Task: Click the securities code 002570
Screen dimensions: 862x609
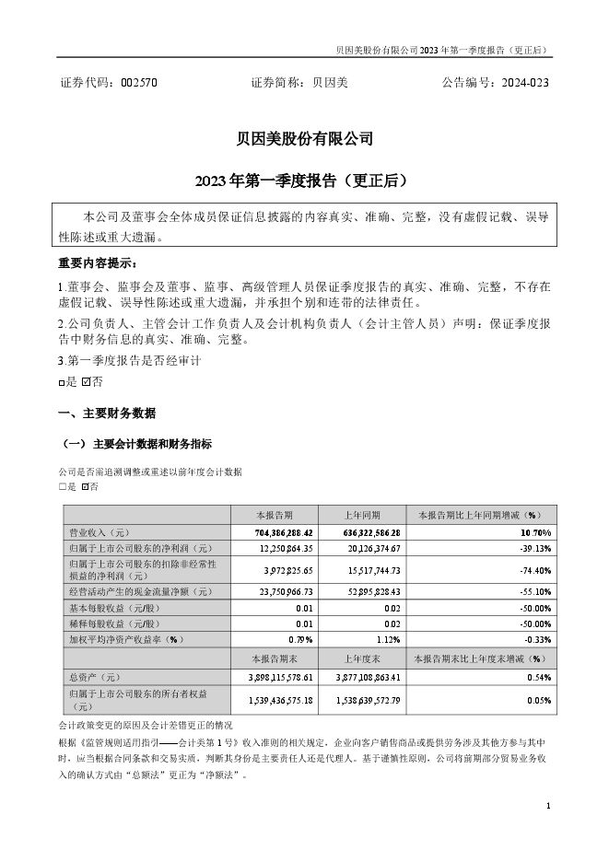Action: [x=139, y=82]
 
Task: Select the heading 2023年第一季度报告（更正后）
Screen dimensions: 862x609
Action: [x=304, y=179]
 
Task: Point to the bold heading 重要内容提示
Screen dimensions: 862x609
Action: [x=97, y=262]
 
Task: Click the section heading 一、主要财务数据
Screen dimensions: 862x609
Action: [x=107, y=412]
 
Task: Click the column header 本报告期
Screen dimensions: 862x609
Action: [x=274, y=515]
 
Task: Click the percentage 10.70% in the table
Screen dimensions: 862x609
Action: [x=534, y=532]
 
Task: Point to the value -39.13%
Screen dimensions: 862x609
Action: [x=533, y=548]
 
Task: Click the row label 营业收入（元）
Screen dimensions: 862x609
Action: [x=96, y=532]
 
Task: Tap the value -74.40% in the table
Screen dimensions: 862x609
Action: [x=533, y=570]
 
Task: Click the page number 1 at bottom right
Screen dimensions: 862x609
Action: [x=548, y=806]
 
